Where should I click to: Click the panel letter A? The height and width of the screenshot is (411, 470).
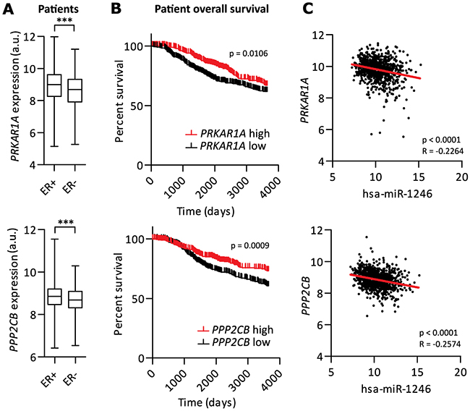click(x=8, y=9)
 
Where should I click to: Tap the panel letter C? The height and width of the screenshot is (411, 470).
click(x=307, y=9)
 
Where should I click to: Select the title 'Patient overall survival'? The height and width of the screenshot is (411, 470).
click(x=212, y=9)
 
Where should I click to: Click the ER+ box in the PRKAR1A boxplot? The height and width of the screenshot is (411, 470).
click(x=54, y=85)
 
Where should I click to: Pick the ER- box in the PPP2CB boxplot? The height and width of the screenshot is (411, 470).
click(x=75, y=300)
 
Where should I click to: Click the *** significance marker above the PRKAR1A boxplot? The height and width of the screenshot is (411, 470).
click(x=64, y=21)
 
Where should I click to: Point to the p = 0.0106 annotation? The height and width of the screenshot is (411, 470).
click(x=249, y=54)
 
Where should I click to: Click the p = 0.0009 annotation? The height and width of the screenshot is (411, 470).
click(x=250, y=246)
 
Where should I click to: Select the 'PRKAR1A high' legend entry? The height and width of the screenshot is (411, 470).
click(x=228, y=133)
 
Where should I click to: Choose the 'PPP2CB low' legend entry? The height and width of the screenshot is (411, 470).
click(x=234, y=342)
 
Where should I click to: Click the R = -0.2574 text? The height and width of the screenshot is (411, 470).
click(x=440, y=344)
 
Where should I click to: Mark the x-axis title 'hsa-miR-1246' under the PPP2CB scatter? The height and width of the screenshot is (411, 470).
click(x=396, y=389)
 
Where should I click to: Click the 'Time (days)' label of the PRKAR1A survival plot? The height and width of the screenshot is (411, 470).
click(x=205, y=211)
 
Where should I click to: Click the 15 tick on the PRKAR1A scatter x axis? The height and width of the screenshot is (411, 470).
click(x=419, y=177)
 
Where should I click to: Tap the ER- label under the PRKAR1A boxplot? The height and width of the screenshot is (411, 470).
click(x=70, y=185)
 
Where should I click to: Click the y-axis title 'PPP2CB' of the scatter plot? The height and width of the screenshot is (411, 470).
click(x=305, y=295)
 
